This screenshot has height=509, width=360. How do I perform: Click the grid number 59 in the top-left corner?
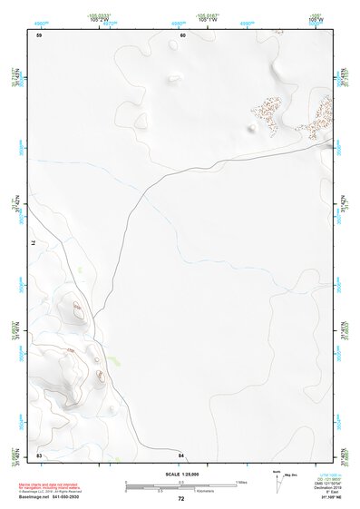point(39,35)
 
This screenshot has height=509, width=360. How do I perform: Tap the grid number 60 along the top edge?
point(182,35)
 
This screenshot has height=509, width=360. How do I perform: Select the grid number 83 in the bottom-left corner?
point(39,454)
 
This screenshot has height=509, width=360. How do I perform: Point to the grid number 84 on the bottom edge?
point(181,454)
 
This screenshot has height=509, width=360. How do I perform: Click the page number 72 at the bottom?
point(180,499)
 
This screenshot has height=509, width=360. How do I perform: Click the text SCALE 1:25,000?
point(180,475)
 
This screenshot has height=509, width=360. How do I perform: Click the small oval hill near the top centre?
point(173,78)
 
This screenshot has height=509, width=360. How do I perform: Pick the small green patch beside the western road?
point(82,269)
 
